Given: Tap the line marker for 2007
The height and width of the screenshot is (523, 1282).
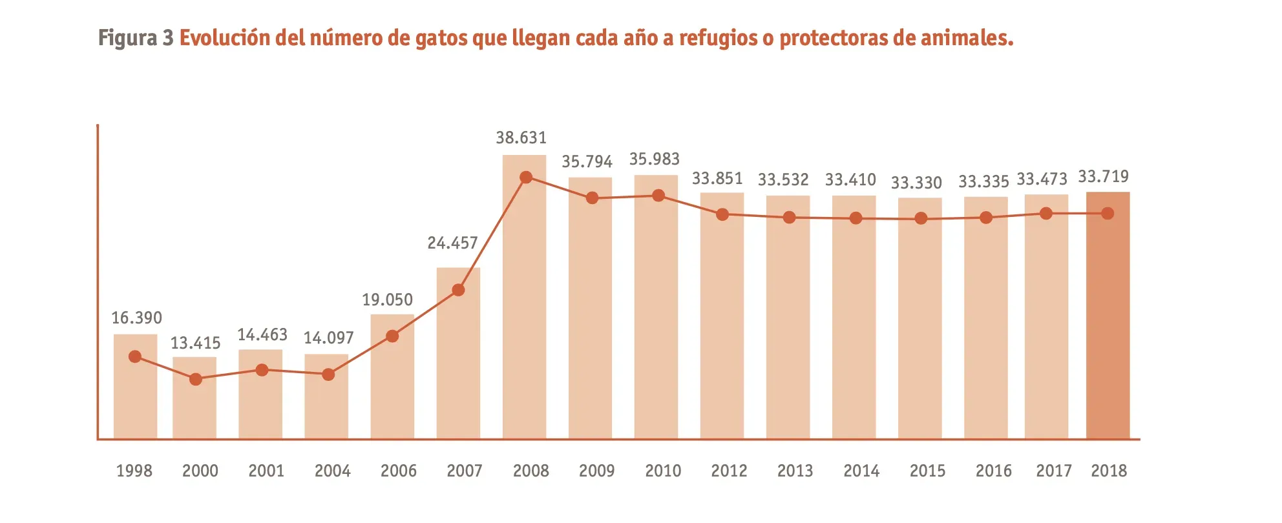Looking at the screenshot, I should click(458, 290).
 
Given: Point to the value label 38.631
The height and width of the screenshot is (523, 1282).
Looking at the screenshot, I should click(521, 138).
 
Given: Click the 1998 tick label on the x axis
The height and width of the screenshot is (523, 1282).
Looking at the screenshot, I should click(134, 471).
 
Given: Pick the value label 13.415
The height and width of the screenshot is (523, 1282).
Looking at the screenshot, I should click(195, 343).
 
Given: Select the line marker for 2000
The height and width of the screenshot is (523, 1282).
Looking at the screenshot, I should click(196, 379).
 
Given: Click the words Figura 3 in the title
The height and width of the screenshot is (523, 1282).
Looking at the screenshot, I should click(136, 38).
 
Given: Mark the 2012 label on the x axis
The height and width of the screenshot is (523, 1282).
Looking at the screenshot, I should click(729, 471).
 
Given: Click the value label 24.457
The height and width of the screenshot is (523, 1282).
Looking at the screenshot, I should click(452, 243).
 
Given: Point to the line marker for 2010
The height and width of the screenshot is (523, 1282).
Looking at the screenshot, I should click(658, 196).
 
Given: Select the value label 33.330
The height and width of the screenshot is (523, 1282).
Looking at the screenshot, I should click(916, 183).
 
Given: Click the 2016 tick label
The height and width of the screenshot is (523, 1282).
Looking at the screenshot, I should click(993, 471).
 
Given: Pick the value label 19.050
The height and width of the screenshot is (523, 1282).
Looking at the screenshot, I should click(387, 300).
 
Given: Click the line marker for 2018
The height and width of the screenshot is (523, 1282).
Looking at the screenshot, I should click(1108, 213).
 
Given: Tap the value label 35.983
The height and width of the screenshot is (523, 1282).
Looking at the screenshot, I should click(655, 159).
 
